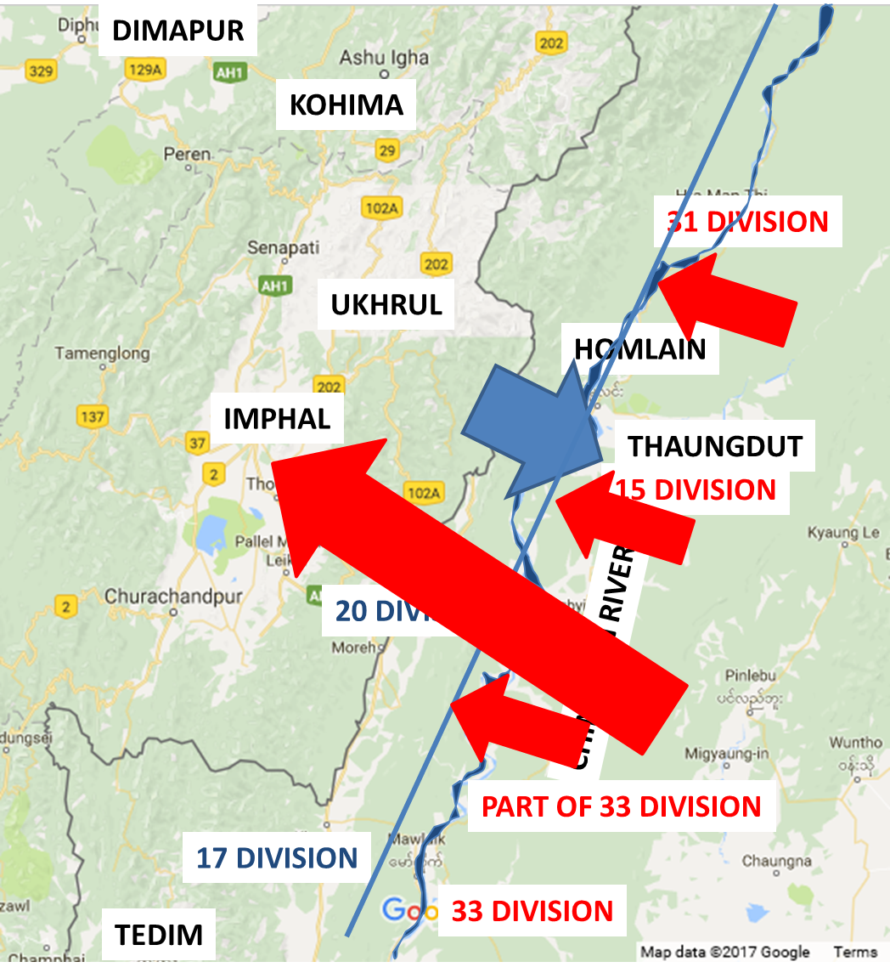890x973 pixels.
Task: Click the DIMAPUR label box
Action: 177,31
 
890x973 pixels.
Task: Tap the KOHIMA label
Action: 346,105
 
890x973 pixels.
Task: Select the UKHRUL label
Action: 386,305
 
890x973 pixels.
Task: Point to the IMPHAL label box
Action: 277,418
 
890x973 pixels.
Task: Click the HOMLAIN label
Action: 640,349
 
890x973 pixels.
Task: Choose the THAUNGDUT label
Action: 715,446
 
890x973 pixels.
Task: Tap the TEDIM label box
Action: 160,935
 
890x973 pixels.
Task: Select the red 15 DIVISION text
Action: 696,490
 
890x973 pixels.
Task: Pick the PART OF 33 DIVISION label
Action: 621,806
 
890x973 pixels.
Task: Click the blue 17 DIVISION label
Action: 277,857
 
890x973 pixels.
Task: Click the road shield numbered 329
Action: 41,71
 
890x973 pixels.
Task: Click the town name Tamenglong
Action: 102,353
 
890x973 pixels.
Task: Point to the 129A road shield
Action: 143,70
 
